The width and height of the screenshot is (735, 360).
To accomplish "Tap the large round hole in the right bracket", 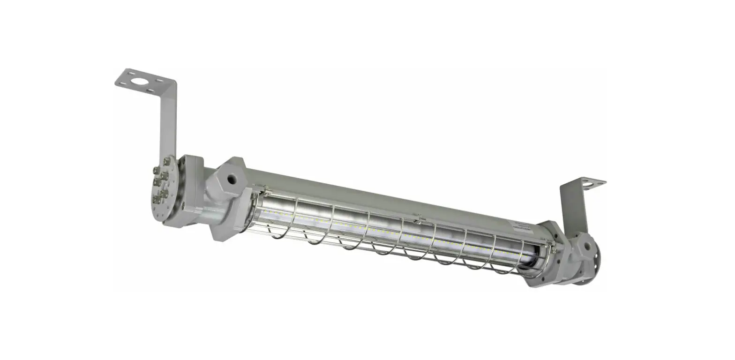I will [x=586, y=184].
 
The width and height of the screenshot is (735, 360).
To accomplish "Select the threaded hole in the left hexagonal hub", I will [x=231, y=179].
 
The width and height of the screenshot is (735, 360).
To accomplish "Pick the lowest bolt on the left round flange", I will [x=157, y=201].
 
